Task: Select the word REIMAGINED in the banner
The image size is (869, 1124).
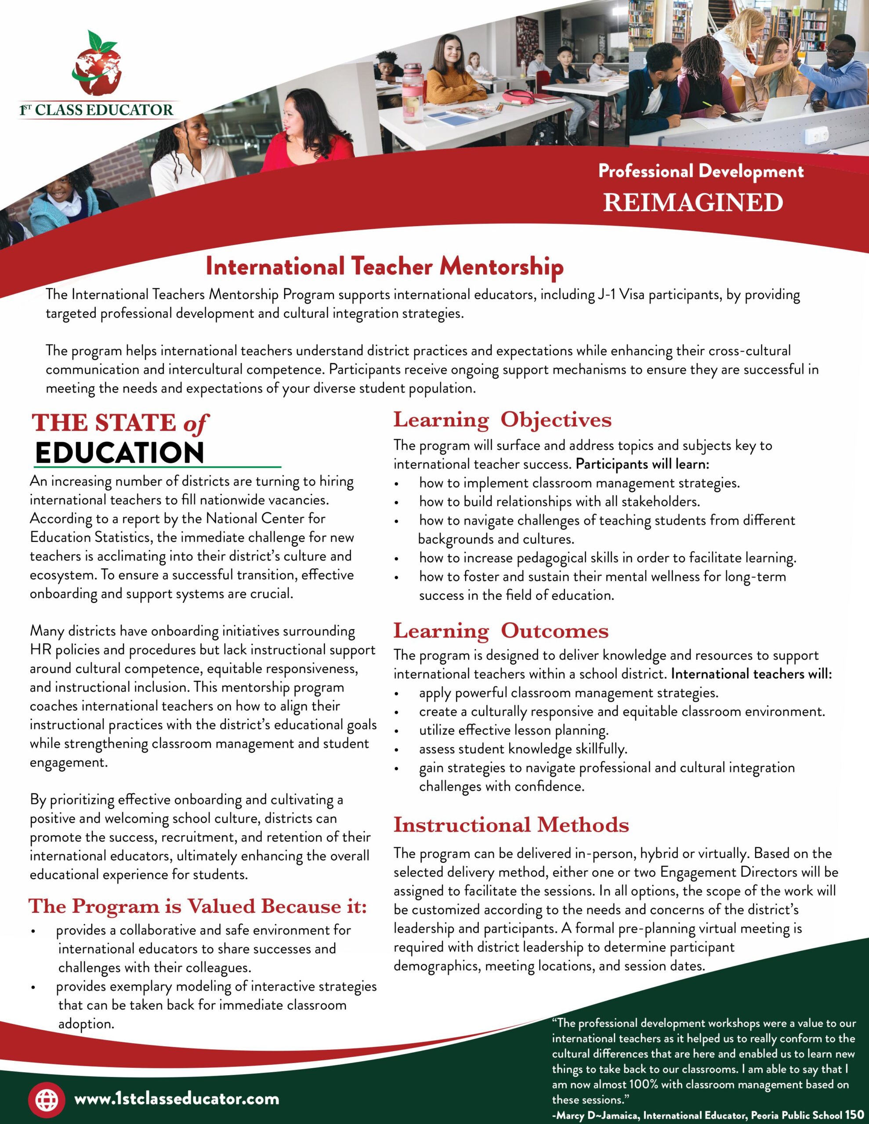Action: [693, 202]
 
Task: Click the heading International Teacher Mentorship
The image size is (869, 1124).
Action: [384, 267]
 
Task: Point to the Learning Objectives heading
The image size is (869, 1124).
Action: [502, 420]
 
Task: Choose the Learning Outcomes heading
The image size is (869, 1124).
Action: [501, 631]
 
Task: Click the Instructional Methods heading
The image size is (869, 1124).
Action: [511, 825]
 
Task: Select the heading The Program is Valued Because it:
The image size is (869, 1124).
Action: [198, 906]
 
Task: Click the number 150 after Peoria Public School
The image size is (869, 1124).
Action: [854, 1115]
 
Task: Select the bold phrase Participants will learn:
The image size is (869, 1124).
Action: [642, 464]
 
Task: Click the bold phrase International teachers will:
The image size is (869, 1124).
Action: [752, 674]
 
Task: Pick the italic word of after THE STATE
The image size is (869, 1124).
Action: [195, 424]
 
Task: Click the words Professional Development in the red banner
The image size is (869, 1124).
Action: [701, 171]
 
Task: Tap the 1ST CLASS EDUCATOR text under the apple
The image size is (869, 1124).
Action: [96, 110]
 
